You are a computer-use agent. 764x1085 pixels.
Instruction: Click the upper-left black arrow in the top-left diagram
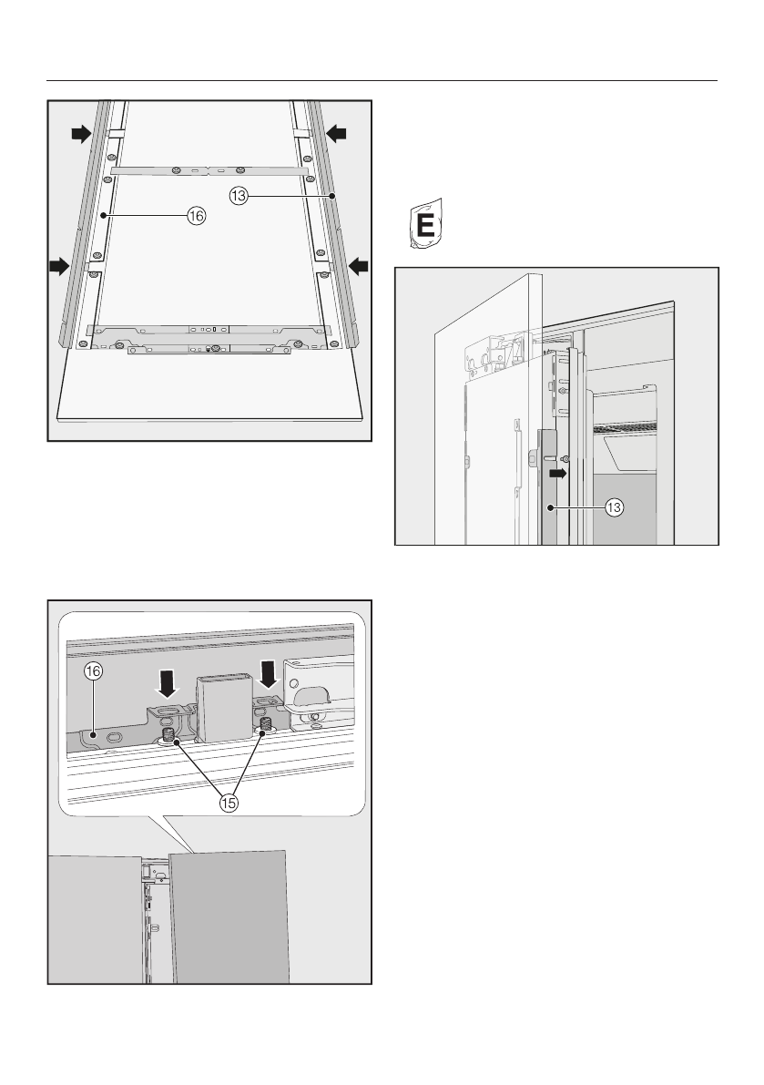(82, 135)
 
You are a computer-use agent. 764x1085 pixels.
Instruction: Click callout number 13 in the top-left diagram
(239, 195)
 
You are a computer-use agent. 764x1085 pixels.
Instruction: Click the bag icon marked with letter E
(423, 222)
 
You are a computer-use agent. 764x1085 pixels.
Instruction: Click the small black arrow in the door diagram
(557, 474)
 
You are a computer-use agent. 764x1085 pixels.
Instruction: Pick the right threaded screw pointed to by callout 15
(266, 727)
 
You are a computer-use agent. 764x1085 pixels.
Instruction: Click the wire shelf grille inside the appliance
(628, 426)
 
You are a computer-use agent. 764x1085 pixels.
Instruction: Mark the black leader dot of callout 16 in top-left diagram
(107, 216)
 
